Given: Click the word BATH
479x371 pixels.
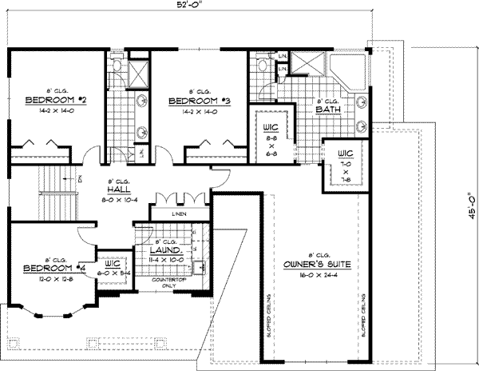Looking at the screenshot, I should click(x=327, y=111).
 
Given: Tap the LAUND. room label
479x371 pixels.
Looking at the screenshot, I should click(x=163, y=249).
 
